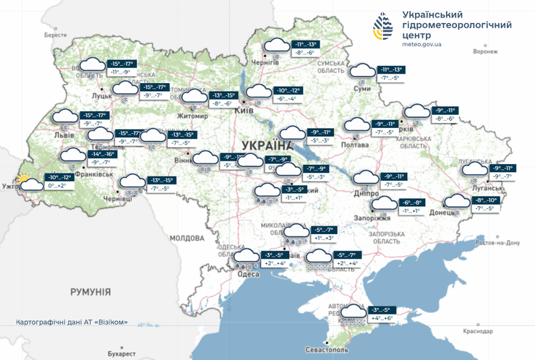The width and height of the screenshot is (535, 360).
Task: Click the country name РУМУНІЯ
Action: tap(90, 291)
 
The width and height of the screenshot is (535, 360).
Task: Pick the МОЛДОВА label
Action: tap(187, 237)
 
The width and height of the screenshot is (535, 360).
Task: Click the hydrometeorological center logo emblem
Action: tap(383, 27)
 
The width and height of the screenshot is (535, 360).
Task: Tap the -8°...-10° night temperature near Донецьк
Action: tap(486, 200)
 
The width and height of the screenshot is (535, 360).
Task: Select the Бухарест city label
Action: tap(118, 354)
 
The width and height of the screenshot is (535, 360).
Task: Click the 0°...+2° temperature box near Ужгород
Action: tap(57, 186)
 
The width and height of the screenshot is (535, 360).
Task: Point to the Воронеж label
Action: tap(485, 52)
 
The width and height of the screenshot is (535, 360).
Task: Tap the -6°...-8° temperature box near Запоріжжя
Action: tap(413, 202)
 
